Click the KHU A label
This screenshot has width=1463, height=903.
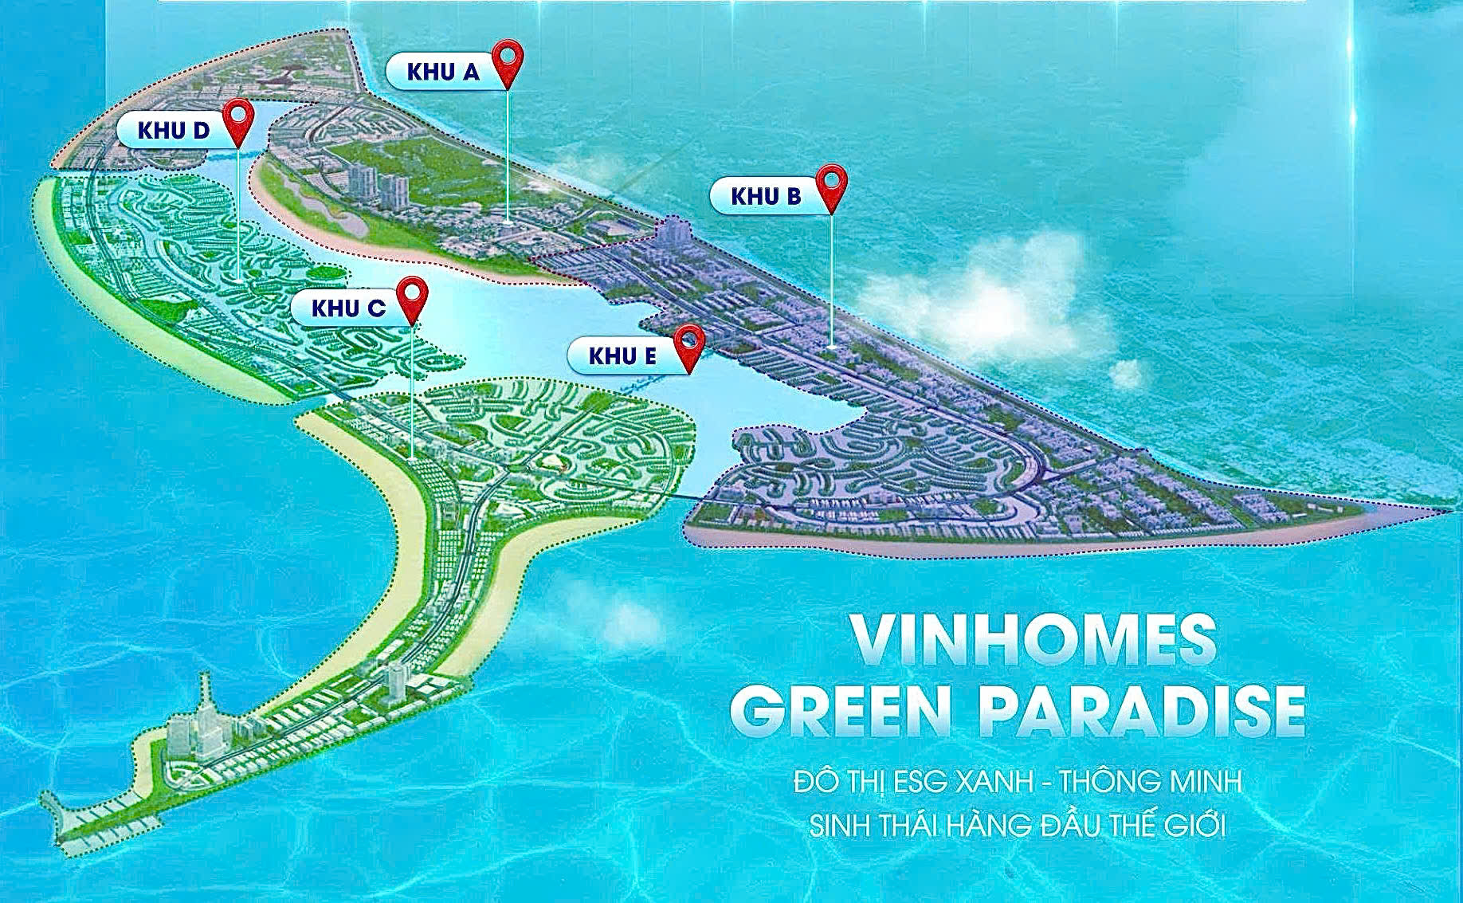443,72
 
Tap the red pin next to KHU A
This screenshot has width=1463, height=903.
507,62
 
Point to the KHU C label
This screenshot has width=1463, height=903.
348,308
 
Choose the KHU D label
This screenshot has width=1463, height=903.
173,130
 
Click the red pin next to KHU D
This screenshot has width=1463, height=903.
237,119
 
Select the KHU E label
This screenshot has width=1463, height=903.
622,355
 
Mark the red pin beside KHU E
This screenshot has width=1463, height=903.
688,344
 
